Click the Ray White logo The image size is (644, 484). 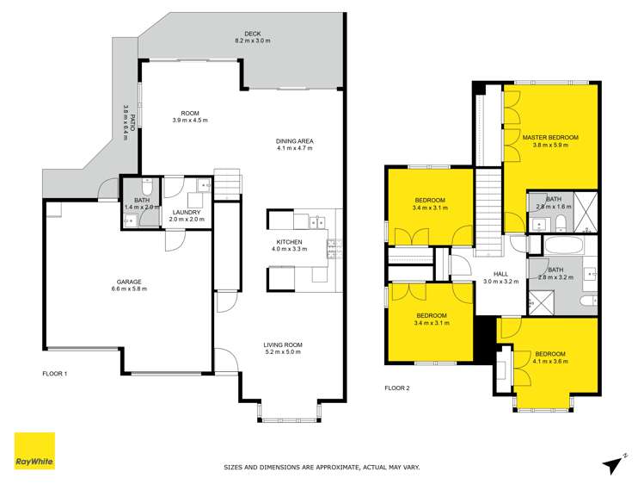coord(34,450)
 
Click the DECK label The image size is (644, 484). coord(253,34)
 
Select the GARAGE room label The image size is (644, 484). coord(129,282)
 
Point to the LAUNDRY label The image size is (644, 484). coord(187,212)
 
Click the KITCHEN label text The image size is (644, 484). coord(289,242)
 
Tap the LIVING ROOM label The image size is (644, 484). coord(283,344)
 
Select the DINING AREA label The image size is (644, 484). coord(294,141)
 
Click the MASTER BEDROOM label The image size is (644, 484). coord(550,137)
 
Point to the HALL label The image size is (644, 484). coord(500,274)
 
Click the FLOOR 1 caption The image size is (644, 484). coord(55,374)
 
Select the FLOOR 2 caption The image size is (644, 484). coord(397,388)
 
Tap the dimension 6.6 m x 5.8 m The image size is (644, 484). coord(129,289)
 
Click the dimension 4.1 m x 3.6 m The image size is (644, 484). coord(550,362)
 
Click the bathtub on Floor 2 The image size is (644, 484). coord(563,245)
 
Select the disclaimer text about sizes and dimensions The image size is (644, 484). coord(322,467)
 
